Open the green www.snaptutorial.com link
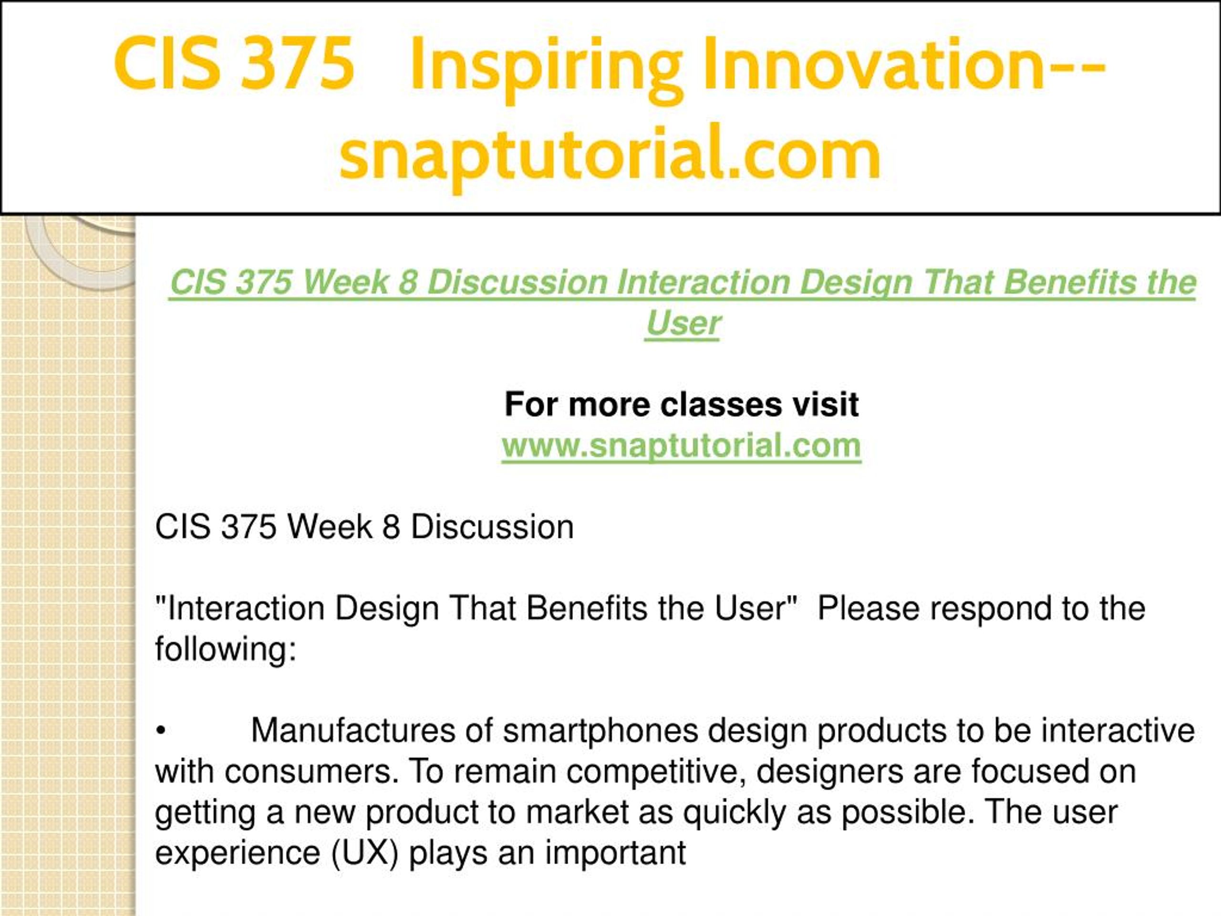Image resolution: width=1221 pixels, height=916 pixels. pyautogui.click(x=681, y=446)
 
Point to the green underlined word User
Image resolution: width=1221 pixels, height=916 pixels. pyautogui.click(x=683, y=323)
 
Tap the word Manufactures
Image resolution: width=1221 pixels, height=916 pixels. pyautogui.click(x=353, y=730)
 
